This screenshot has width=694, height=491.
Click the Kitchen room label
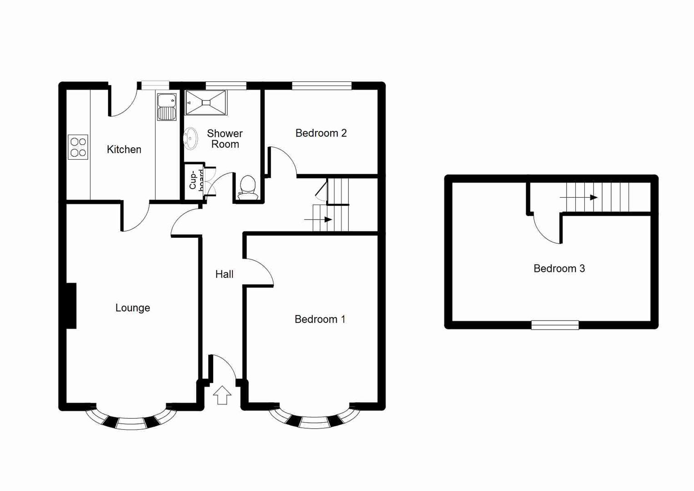(124, 150)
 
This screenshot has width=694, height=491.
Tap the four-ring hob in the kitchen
(78, 147)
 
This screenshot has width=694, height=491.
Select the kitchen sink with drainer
(166, 107)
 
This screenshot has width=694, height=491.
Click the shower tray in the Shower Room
(206, 103)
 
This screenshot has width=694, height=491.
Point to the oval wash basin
(191, 138)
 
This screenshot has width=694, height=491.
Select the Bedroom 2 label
(321, 133)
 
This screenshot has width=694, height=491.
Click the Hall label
(224, 274)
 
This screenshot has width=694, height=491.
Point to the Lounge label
(132, 308)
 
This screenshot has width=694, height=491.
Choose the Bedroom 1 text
(320, 319)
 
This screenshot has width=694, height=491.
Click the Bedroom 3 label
(559, 269)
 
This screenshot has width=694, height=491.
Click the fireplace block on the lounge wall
(71, 306)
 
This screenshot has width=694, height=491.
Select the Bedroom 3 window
(555, 325)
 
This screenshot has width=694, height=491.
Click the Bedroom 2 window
(322, 85)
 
